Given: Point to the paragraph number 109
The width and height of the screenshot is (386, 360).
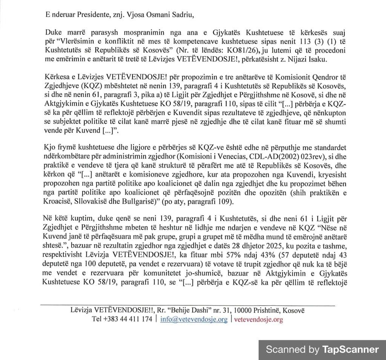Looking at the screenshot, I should click(222, 201).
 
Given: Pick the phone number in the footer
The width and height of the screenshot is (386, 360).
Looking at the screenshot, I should click(122, 319).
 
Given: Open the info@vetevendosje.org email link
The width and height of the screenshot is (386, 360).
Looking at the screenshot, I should click(194, 319).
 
